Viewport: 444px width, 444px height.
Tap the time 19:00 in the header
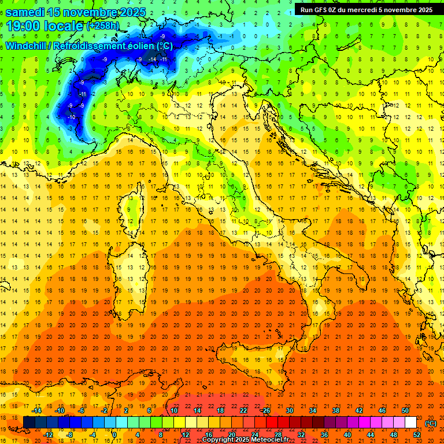click(x=26, y=25)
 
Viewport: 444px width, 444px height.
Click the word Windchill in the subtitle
click(x=25, y=46)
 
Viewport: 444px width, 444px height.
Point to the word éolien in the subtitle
click(x=135, y=46)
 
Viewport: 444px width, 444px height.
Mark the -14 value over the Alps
click(x=153, y=59)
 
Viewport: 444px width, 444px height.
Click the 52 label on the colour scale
click(x=417, y=435)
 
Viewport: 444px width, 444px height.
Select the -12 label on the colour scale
click(x=49, y=435)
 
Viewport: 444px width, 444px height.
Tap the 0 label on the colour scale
click(x=114, y=435)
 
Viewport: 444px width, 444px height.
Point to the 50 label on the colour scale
click(x=405, y=410)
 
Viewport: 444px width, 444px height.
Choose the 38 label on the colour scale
click(x=336, y=410)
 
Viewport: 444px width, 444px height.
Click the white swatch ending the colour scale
click(x=410, y=423)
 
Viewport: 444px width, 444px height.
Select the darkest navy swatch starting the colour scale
click(x=29, y=423)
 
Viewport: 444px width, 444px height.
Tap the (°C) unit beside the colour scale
click(x=431, y=423)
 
